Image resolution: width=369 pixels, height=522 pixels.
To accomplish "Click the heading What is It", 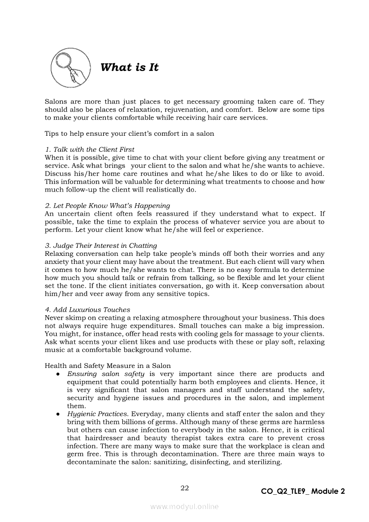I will (130, 67).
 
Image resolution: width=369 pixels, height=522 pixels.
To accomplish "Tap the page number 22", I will (184, 488).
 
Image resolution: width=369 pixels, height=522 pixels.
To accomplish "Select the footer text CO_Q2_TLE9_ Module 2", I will (303, 491).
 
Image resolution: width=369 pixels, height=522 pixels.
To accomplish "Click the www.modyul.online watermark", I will (184, 507).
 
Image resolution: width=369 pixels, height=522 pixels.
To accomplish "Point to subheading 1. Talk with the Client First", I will (89, 149).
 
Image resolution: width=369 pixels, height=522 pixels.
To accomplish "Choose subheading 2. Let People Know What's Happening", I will (107, 205).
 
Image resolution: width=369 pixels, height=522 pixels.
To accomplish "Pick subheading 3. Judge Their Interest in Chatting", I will (101, 246).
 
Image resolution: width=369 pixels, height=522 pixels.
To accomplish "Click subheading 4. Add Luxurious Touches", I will (88, 309).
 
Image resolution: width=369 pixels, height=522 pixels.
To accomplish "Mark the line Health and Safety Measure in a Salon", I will (108, 366).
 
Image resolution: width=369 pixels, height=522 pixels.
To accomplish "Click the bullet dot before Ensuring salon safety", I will (59, 374).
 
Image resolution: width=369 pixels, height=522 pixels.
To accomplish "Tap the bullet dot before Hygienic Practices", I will (59, 414).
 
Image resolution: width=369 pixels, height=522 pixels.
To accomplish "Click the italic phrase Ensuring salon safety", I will (105, 374).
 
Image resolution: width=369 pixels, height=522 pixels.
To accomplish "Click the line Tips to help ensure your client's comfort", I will (129, 133).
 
